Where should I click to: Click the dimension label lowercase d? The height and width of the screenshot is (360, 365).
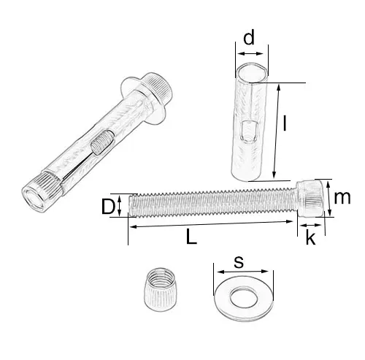(x=249, y=38)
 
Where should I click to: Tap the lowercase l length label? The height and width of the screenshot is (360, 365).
(x=285, y=126)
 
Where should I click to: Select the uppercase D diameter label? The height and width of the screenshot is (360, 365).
(x=108, y=207)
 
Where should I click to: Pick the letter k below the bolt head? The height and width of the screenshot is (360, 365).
(x=310, y=239)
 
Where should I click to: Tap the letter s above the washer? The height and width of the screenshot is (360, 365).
(x=239, y=261)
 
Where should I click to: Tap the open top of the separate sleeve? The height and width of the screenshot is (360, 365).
(x=249, y=71)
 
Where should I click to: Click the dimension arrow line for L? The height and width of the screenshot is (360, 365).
(x=212, y=227)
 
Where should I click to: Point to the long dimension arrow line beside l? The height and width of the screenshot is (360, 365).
(x=276, y=131)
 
